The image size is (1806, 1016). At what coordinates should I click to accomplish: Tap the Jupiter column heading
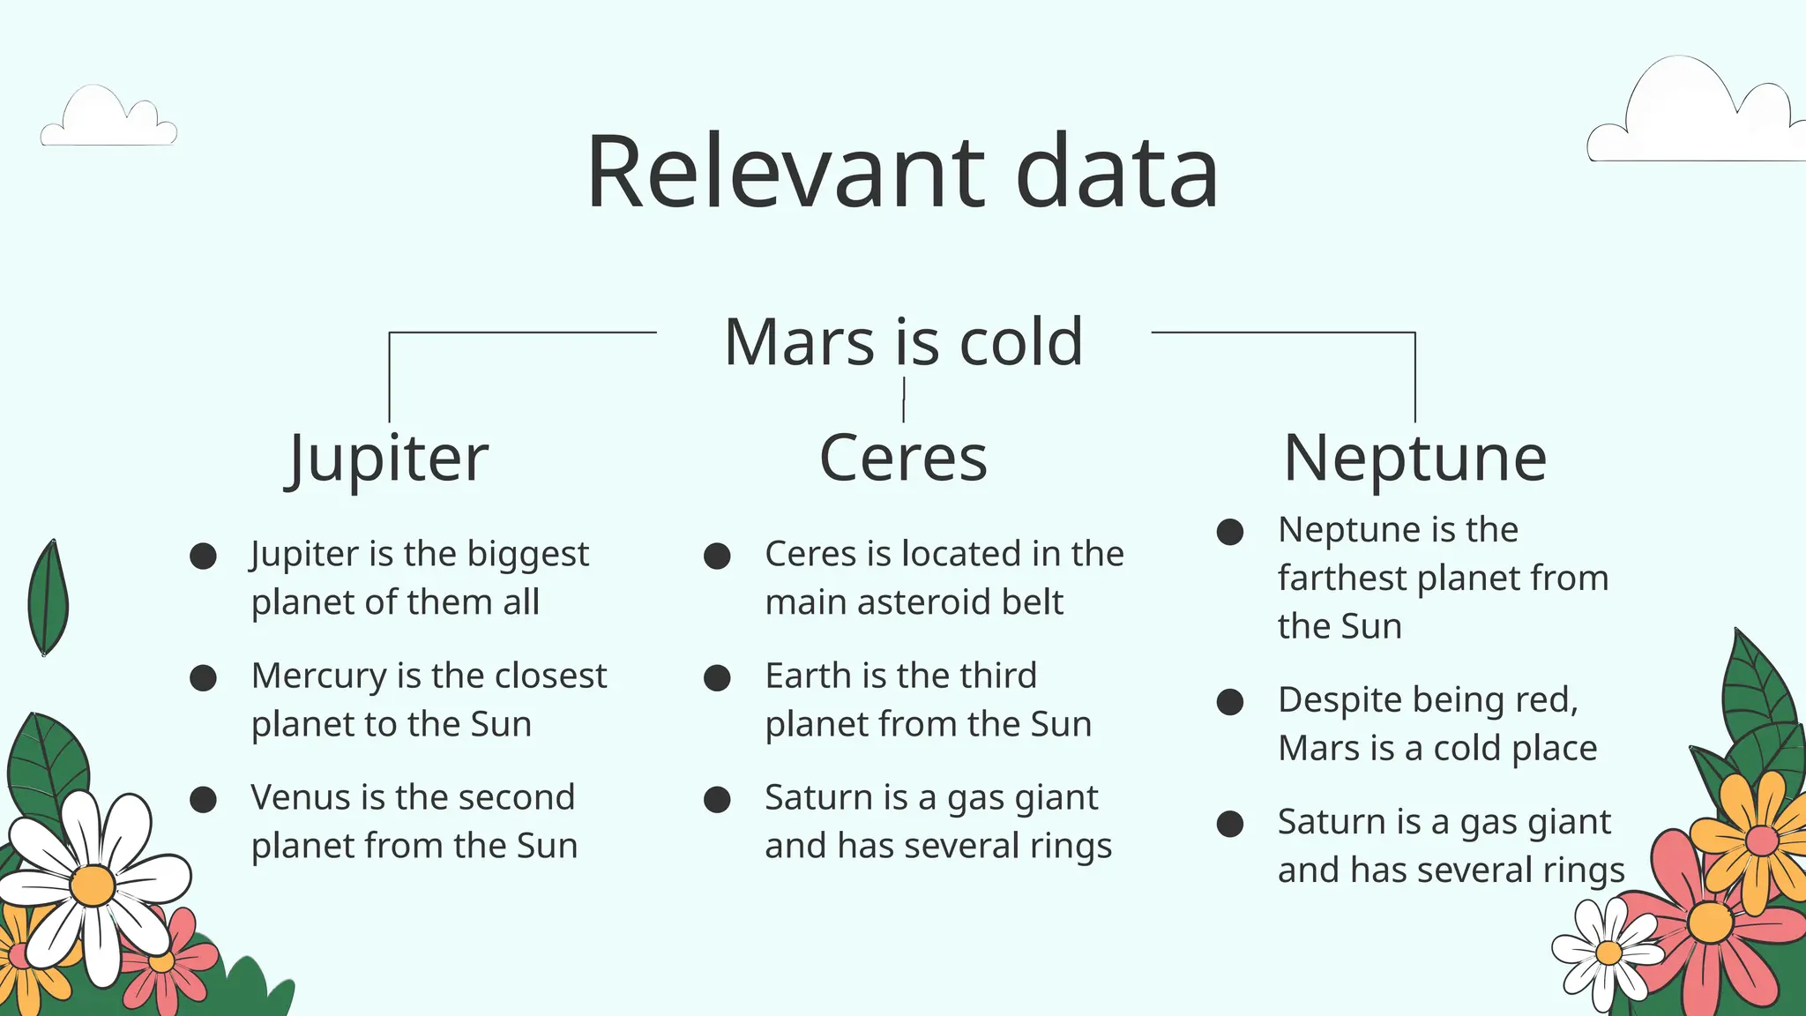click(x=388, y=459)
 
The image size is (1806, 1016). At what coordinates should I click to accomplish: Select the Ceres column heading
click(x=903, y=459)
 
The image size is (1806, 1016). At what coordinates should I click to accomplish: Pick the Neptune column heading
click(x=1414, y=459)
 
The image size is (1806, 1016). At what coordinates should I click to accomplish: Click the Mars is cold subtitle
click(x=903, y=341)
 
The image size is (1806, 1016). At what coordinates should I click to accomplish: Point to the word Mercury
click(x=318, y=676)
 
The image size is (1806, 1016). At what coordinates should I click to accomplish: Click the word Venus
click(x=297, y=797)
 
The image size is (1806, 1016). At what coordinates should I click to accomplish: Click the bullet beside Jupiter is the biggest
click(x=204, y=556)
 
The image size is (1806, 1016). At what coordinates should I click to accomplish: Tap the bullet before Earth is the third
click(x=717, y=677)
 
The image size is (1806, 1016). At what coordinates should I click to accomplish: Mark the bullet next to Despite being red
click(x=1230, y=702)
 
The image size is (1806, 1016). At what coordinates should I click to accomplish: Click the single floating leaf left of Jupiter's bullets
click(x=49, y=598)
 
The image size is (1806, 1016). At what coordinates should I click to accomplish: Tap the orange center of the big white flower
click(x=93, y=885)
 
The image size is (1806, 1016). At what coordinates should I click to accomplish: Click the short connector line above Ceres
click(x=904, y=400)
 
